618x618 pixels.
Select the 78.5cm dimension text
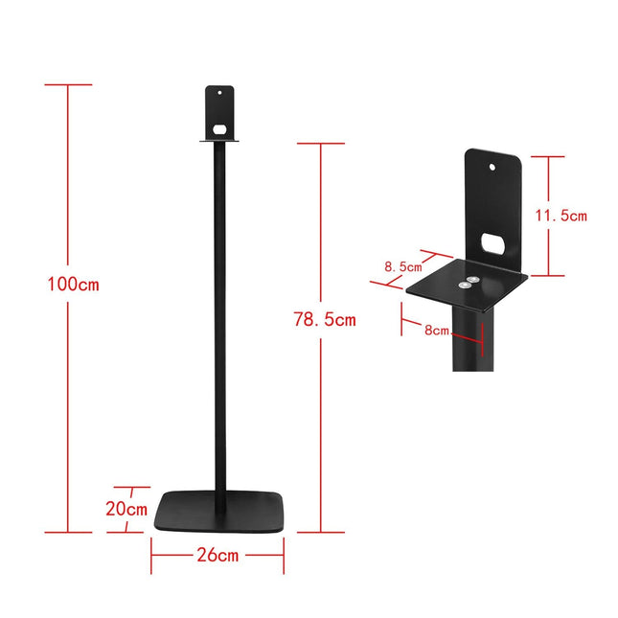click(324, 320)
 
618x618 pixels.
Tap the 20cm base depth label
click(126, 509)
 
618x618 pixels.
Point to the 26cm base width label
click(217, 555)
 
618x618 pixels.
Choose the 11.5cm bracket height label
click(561, 216)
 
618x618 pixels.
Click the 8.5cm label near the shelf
click(403, 267)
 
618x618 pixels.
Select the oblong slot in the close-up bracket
click(495, 243)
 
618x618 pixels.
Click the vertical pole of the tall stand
click(219, 316)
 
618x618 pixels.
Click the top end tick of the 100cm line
click(68, 84)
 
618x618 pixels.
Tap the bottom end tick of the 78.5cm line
click(320, 532)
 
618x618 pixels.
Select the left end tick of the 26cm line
click(150, 555)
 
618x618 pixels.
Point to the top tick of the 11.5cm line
click(547, 156)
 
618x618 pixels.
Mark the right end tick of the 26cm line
click(284, 555)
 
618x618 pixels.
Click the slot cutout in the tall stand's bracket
click(219, 127)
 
